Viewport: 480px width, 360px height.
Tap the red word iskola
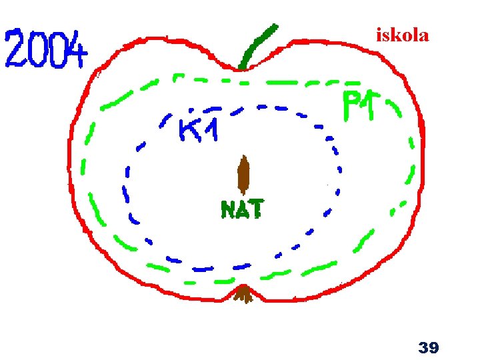402,35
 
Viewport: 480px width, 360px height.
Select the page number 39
427,347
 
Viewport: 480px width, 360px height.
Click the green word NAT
241,209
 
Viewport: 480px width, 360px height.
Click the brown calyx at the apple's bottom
245,293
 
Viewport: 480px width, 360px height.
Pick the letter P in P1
352,107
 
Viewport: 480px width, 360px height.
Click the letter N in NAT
227,210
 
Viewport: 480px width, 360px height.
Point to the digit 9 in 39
433,347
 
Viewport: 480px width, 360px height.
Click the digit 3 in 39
422,347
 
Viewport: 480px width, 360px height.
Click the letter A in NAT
241,210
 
